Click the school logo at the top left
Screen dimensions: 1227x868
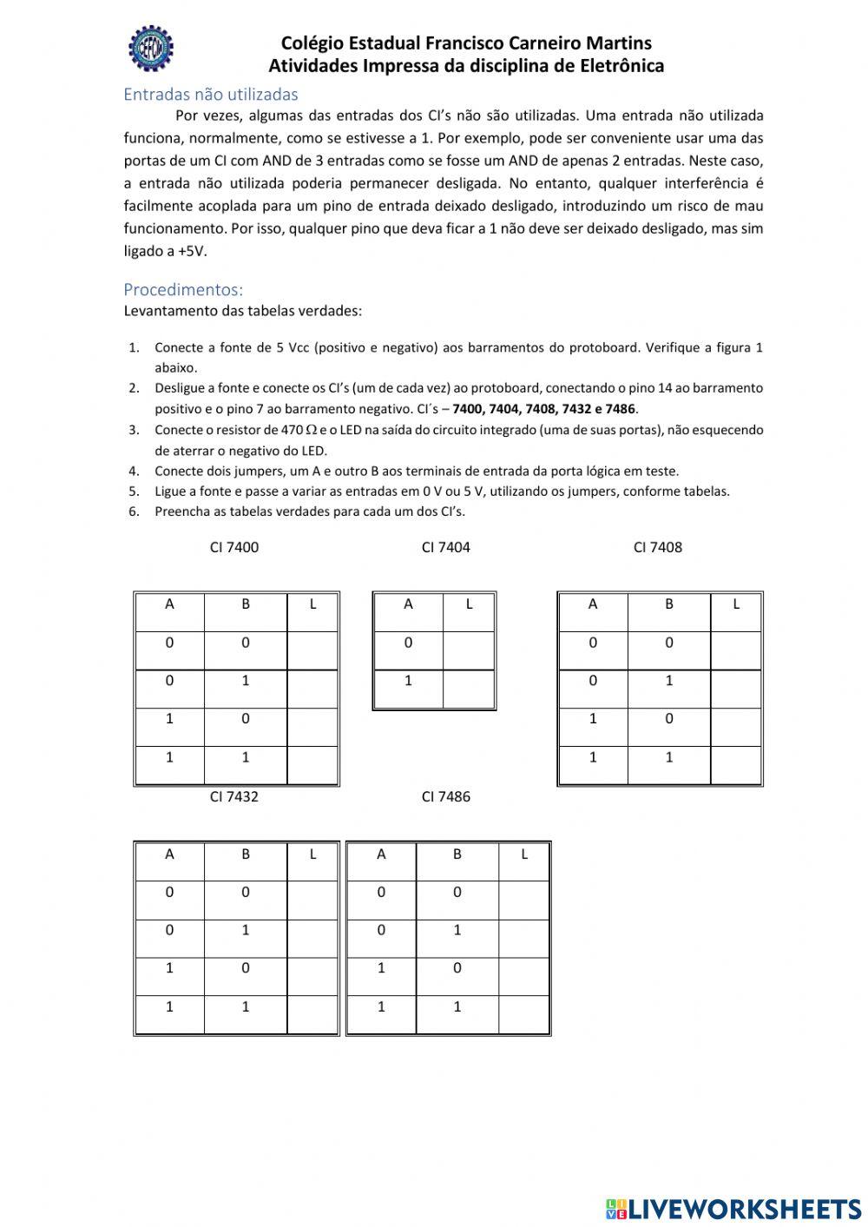click(151, 49)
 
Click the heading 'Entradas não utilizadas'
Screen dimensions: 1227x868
click(210, 94)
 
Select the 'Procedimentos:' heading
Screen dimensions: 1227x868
click(183, 289)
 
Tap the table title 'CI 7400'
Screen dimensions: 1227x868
click(234, 547)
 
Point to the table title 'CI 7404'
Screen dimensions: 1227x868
click(445, 547)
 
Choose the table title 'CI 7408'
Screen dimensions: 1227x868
click(658, 547)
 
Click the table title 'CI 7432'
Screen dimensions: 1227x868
click(234, 796)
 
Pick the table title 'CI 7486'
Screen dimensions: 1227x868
click(445, 796)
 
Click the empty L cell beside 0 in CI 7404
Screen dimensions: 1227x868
click(469, 650)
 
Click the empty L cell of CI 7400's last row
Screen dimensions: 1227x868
click(312, 765)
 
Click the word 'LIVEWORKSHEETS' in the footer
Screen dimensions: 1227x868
click(745, 1208)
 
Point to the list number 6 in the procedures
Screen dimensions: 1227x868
click(134, 511)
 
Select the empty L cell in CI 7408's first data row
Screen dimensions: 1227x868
click(736, 650)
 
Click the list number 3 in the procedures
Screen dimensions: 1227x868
click(134, 430)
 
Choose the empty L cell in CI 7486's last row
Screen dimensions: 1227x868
click(524, 1014)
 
